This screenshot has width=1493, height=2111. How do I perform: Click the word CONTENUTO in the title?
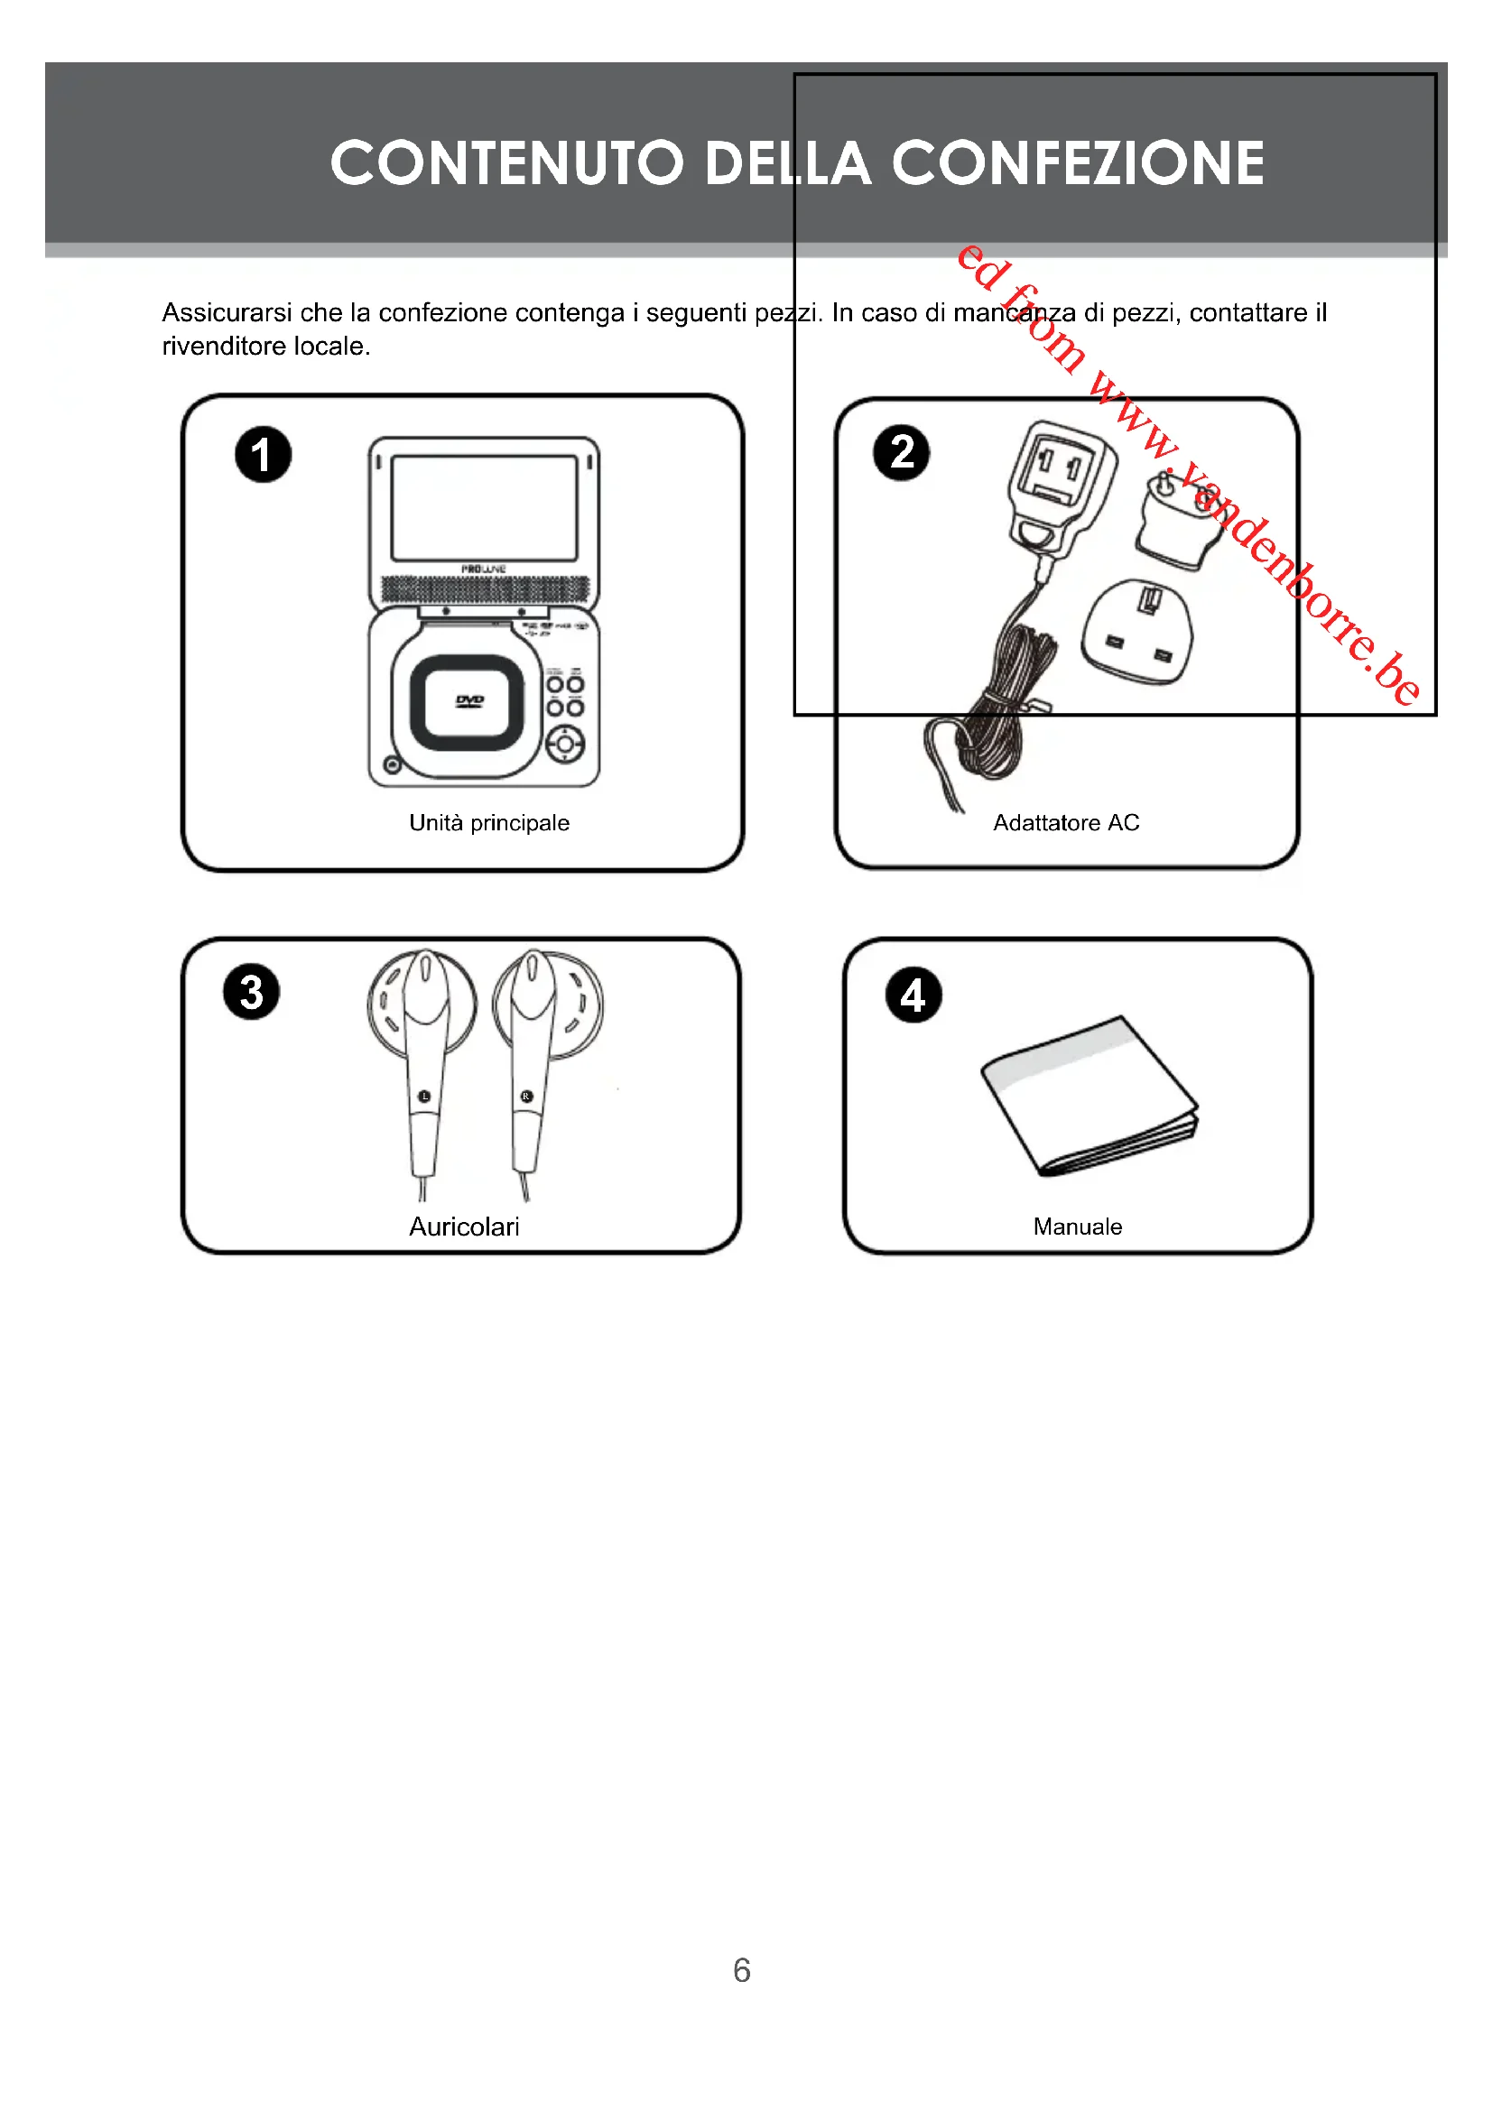(506, 162)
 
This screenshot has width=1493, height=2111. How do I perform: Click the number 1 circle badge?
(263, 454)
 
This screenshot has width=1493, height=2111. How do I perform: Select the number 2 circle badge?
(901, 452)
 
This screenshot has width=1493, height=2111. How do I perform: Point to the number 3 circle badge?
(251, 992)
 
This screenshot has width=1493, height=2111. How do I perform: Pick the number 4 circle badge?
(913, 995)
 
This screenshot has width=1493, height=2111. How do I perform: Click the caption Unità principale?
(489, 823)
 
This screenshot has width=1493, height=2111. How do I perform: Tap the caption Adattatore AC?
(1065, 823)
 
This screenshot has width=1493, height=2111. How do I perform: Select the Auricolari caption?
(464, 1227)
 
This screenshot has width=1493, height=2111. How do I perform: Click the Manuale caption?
(1078, 1227)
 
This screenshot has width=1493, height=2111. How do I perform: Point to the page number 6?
(742, 1969)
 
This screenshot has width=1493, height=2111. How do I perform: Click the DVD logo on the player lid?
(468, 701)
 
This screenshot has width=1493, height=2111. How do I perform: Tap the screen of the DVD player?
(484, 507)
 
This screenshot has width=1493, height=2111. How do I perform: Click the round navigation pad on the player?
(565, 744)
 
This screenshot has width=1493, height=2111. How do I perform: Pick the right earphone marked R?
(531, 1058)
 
